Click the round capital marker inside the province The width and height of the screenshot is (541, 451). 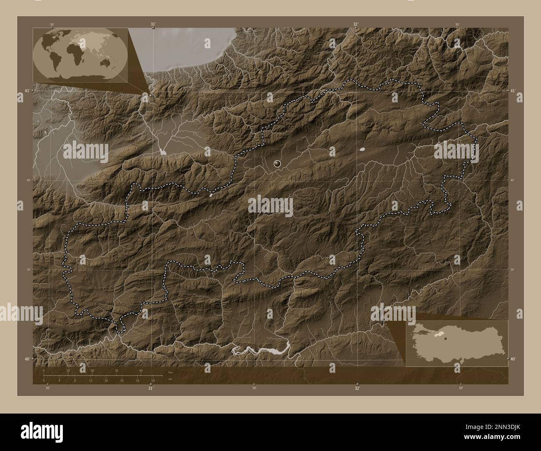278,164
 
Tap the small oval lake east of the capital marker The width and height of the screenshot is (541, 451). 362,149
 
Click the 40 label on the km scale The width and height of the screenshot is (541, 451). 141,371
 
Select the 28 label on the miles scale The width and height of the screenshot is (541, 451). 153,380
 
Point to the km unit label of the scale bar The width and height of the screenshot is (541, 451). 170,372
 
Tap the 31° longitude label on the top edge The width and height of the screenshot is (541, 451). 154,24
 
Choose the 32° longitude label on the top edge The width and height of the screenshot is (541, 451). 356,24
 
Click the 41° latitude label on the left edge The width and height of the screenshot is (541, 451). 26,91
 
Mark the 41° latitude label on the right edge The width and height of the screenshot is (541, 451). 513,90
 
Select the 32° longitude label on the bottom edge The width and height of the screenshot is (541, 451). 357,388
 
